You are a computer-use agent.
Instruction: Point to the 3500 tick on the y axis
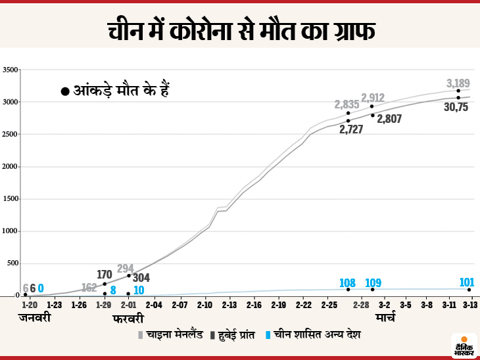pos(11,70)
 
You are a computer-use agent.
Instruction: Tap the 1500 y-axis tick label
pos(11,199)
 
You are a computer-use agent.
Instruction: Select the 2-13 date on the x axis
pos(229,305)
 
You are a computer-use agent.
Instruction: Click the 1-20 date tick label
pos(29,305)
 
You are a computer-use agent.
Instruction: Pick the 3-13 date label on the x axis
pos(469,305)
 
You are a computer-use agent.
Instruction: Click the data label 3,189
pos(458,83)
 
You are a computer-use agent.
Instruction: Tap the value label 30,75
pos(456,107)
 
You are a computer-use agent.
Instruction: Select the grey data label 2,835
pos(347,104)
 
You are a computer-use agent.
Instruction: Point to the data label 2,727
pos(351,129)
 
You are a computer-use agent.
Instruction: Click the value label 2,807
pos(389,119)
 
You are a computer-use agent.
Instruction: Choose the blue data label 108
pos(347,283)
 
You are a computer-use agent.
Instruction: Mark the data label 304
pos(141,278)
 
